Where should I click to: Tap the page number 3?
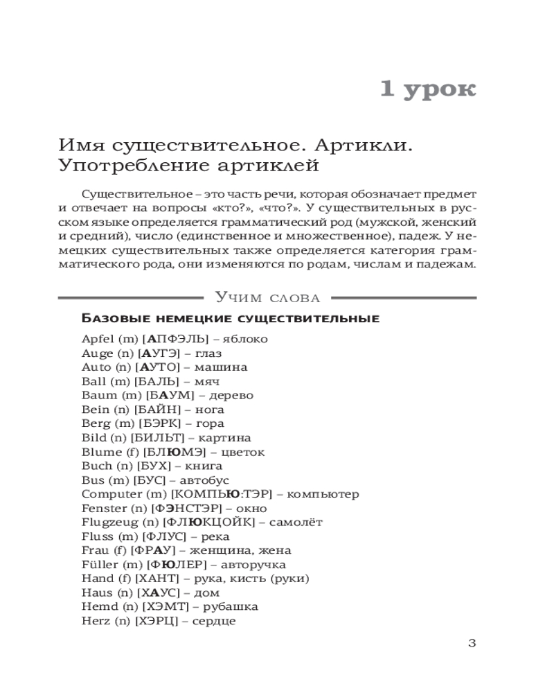pyautogui.click(x=472, y=642)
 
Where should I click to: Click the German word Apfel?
pyautogui.click(x=96, y=339)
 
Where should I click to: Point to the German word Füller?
pyautogui.click(x=98, y=564)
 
